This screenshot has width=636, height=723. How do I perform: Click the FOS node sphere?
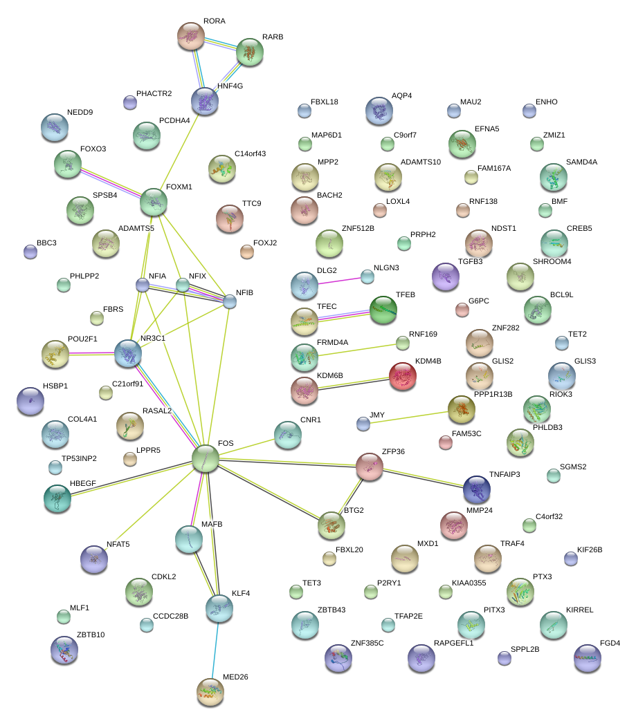(206, 458)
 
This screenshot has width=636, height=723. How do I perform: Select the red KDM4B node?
(403, 376)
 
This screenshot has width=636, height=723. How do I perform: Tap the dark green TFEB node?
(383, 310)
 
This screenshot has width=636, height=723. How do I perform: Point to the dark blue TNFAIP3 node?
(477, 489)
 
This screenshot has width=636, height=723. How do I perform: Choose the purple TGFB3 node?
(446, 276)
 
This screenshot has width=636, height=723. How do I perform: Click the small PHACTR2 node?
(129, 103)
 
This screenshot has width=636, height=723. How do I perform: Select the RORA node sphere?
(191, 36)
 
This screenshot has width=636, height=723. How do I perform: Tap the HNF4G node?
(205, 101)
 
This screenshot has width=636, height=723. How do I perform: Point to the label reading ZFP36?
(393, 451)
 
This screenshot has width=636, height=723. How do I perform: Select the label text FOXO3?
(93, 149)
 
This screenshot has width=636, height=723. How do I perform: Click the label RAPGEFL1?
(453, 643)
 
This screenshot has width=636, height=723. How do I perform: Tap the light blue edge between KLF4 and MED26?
(215, 650)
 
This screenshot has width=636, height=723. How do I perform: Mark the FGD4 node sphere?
(588, 659)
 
